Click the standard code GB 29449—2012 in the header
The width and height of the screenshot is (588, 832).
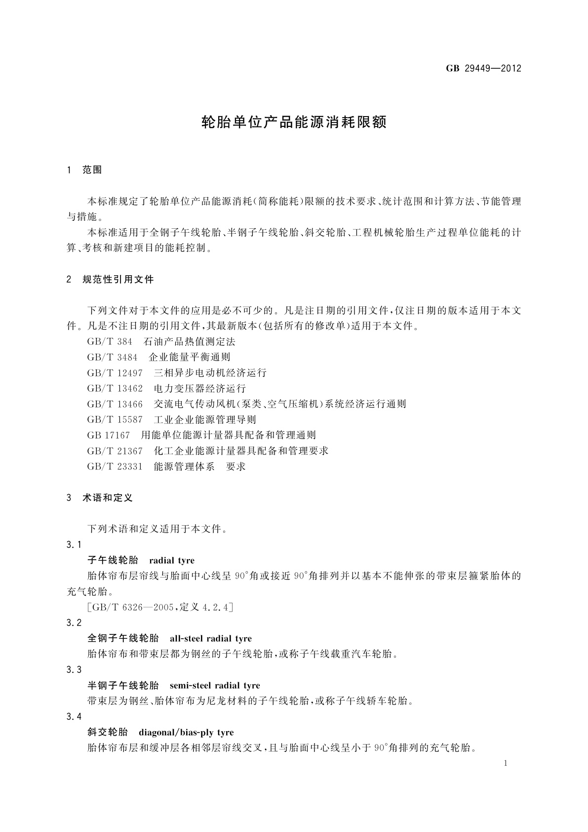tap(483, 69)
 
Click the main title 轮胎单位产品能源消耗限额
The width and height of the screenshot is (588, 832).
tap(294, 123)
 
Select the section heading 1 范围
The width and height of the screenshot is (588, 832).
tap(84, 170)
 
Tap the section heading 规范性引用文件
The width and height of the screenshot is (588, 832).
tap(118, 280)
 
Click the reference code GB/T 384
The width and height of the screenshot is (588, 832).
tap(109, 341)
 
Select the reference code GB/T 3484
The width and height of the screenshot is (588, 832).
tap(112, 357)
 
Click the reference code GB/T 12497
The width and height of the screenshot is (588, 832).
tap(115, 373)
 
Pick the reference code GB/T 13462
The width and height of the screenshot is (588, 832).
tap(115, 388)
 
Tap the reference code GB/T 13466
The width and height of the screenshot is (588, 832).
tap(115, 404)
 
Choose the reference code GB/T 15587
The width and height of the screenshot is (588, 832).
tap(115, 420)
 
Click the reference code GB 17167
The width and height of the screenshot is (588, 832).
tap(108, 435)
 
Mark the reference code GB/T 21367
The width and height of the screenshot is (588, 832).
tap(115, 451)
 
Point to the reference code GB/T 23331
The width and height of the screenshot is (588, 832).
tap(115, 466)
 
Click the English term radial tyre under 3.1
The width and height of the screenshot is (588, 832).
tap(172, 560)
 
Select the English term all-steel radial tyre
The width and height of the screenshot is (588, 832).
tap(210, 638)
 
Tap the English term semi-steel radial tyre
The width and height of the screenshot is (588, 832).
tap(214, 685)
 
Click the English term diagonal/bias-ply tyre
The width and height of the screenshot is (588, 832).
tap(186, 732)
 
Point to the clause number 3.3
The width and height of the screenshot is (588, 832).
tap(74, 669)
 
